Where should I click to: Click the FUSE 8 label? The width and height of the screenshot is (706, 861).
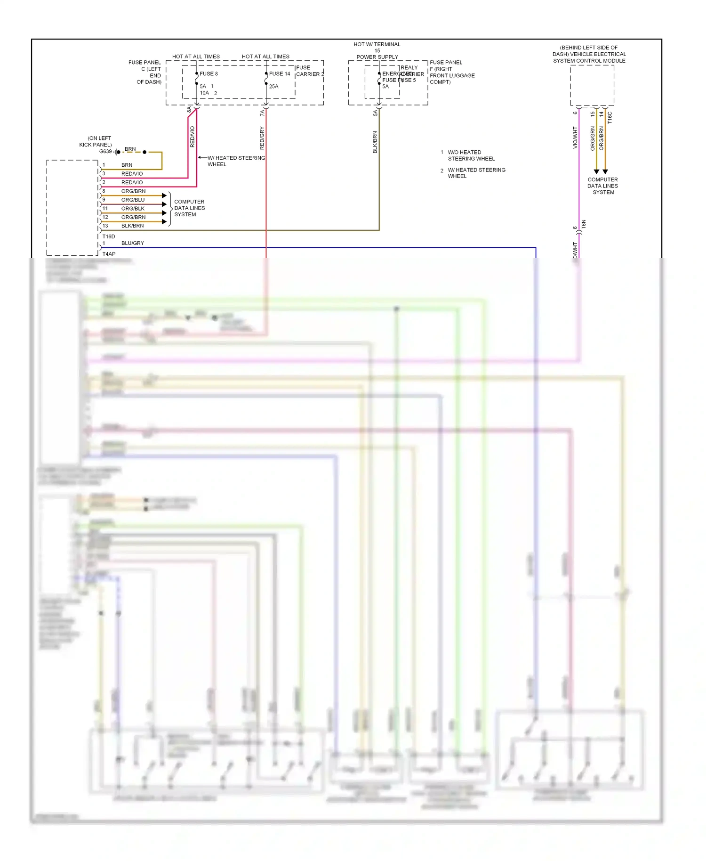(209, 73)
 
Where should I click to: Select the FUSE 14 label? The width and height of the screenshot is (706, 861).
(280, 73)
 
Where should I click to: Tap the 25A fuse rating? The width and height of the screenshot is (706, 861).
(273, 86)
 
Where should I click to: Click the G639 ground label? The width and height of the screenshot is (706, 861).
(105, 151)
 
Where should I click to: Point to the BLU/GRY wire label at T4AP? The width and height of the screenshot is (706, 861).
(133, 243)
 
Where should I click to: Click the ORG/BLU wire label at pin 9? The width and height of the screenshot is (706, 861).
(133, 200)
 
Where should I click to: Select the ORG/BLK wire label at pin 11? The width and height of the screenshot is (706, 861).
(133, 208)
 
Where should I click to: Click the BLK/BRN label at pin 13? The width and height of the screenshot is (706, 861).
(133, 226)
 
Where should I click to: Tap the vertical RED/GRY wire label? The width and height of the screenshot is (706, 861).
(262, 138)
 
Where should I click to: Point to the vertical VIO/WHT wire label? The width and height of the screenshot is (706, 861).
(575, 138)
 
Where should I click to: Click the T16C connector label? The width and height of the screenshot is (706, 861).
(610, 118)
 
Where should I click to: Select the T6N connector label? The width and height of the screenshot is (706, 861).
(584, 224)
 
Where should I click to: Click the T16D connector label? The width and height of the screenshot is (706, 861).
(109, 236)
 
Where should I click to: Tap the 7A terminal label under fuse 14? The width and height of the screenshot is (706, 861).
(262, 113)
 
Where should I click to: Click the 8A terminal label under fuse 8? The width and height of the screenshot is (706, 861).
(189, 109)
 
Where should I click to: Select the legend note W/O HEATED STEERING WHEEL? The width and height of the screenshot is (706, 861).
(471, 155)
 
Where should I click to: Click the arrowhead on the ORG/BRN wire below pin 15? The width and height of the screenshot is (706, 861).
(596, 172)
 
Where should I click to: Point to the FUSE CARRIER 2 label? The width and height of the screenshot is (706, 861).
(309, 71)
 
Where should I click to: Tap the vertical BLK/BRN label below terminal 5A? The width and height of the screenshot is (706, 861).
(375, 142)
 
